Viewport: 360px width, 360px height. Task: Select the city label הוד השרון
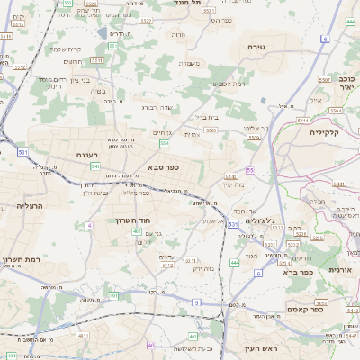tap(135, 220)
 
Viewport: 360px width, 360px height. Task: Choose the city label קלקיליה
tap(310, 132)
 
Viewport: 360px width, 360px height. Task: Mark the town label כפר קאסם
tap(306, 308)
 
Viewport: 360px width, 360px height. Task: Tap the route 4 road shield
tap(88, 225)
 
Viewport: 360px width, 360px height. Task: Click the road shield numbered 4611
tap(83, 335)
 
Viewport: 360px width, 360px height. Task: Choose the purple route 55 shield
tap(250, 170)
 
